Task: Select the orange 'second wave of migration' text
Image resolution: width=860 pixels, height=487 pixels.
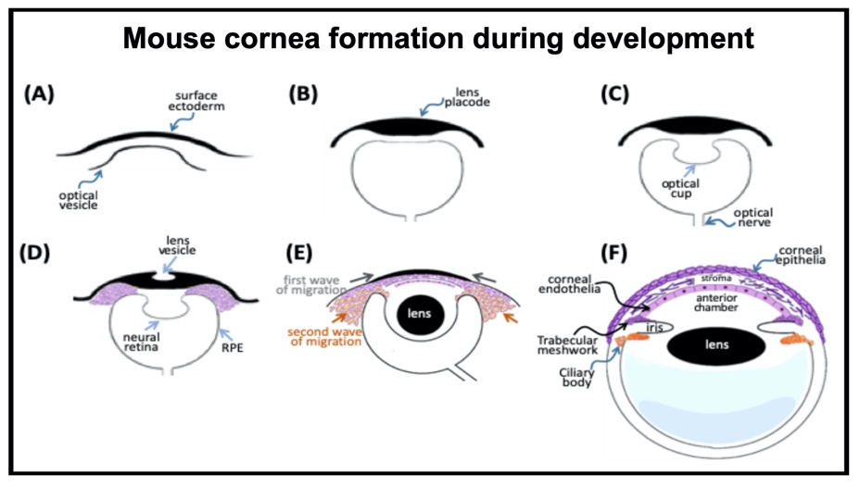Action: tap(320, 336)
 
